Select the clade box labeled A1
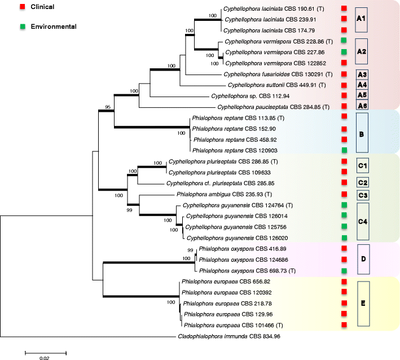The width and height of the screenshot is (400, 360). [362, 19]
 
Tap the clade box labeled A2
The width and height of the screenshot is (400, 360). [362, 51]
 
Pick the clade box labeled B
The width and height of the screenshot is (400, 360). [362, 133]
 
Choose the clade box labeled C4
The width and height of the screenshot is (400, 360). [362, 221]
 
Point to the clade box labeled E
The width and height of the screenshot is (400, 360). [363, 304]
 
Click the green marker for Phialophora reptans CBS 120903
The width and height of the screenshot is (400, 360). [344, 151]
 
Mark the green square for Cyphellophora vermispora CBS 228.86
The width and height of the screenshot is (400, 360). [344, 41]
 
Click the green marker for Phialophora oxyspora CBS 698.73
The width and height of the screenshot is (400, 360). [344, 271]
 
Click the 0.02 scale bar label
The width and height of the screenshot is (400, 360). [46, 357]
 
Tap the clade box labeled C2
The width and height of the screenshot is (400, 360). [362, 182]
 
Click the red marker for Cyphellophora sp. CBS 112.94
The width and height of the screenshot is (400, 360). [344, 96]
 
